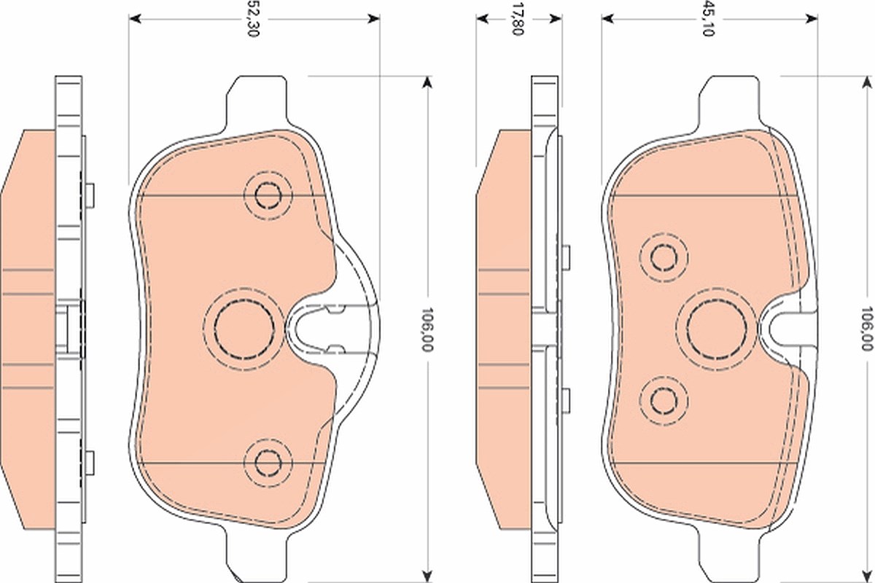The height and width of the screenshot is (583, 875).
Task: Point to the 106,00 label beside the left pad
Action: tap(427, 329)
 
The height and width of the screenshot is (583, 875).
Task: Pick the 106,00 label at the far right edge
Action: tap(867, 329)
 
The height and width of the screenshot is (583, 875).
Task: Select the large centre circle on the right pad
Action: tap(717, 329)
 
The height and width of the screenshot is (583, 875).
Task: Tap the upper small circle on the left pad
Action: tap(268, 195)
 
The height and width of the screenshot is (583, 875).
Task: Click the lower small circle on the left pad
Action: tap(268, 463)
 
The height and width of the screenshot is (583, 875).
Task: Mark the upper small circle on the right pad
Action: tap(664, 257)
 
